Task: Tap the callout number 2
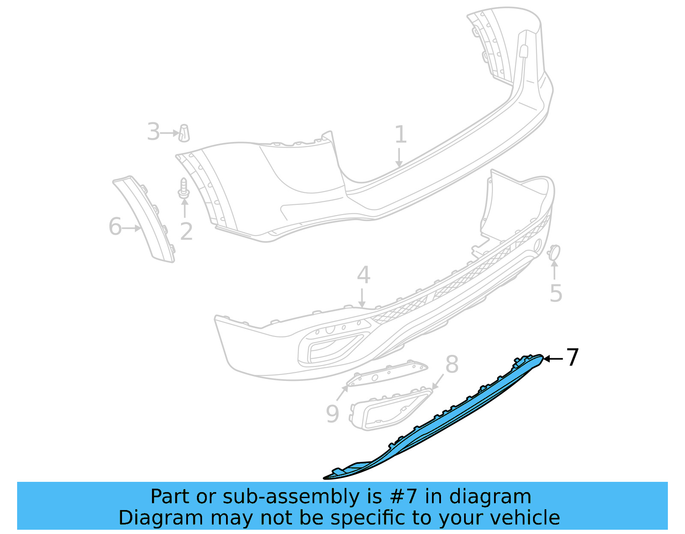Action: pos(186,231)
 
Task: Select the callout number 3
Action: pos(153,132)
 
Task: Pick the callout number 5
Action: pos(556,293)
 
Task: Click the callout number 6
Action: pos(115,226)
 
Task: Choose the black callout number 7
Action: pos(572,357)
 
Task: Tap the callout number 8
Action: pos(452,365)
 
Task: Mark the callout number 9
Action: pos(332,413)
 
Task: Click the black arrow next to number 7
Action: pos(553,359)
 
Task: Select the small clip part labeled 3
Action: pos(184,133)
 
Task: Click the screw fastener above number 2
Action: pos(184,189)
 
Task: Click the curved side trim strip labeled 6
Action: pos(146,218)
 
